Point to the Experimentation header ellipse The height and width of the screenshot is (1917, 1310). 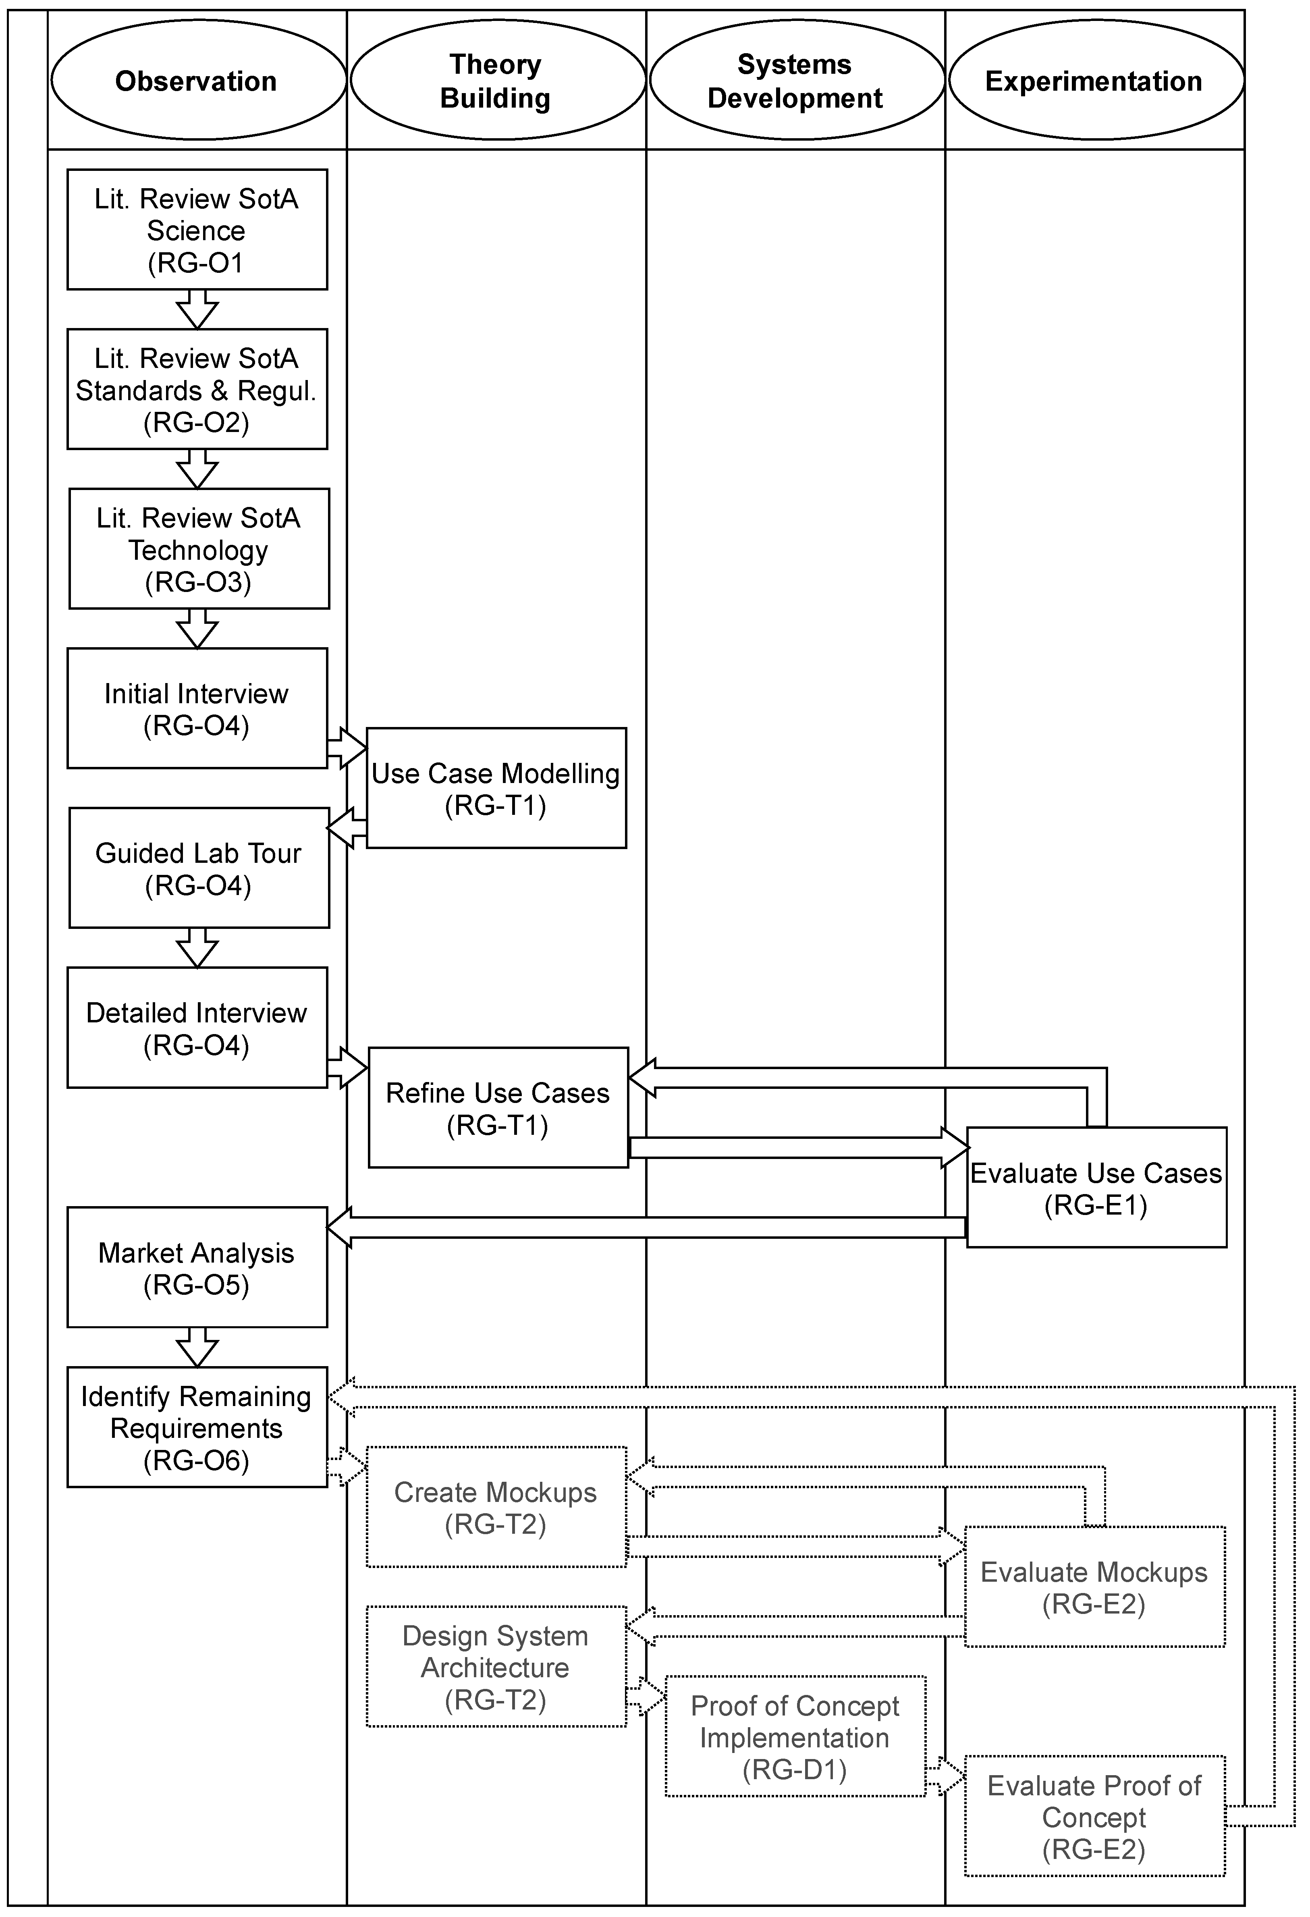1095,80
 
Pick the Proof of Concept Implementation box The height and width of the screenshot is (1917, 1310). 795,1736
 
